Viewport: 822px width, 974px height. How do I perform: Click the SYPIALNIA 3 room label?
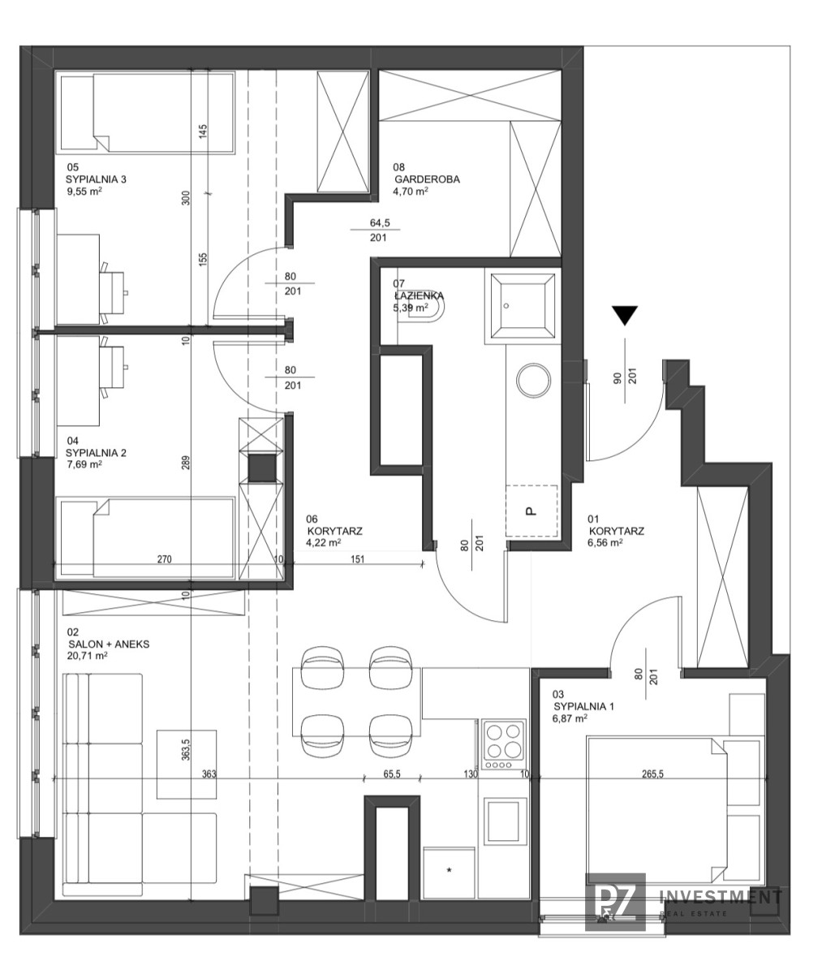point(96,179)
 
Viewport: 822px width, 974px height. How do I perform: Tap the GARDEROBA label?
point(427,179)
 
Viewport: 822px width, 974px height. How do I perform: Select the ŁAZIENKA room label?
point(418,295)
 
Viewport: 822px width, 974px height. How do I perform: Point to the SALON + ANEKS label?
point(108,644)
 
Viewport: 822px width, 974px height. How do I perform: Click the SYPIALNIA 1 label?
point(583,706)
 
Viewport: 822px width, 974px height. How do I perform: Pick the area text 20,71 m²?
point(88,656)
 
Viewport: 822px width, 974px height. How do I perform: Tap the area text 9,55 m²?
point(84,191)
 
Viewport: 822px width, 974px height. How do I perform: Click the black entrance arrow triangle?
point(625,316)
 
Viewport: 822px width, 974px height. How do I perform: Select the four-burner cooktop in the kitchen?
point(503,744)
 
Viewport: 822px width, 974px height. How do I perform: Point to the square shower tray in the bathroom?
point(522,306)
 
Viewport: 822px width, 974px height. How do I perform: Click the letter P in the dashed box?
point(531,511)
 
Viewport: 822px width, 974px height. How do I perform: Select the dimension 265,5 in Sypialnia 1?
point(652,774)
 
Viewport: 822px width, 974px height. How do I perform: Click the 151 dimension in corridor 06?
point(357,559)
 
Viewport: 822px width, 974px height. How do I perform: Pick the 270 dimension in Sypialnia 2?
point(164,559)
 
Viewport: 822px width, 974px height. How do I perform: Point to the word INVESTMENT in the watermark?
point(721,897)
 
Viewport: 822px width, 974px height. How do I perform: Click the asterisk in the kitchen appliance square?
point(450,870)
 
